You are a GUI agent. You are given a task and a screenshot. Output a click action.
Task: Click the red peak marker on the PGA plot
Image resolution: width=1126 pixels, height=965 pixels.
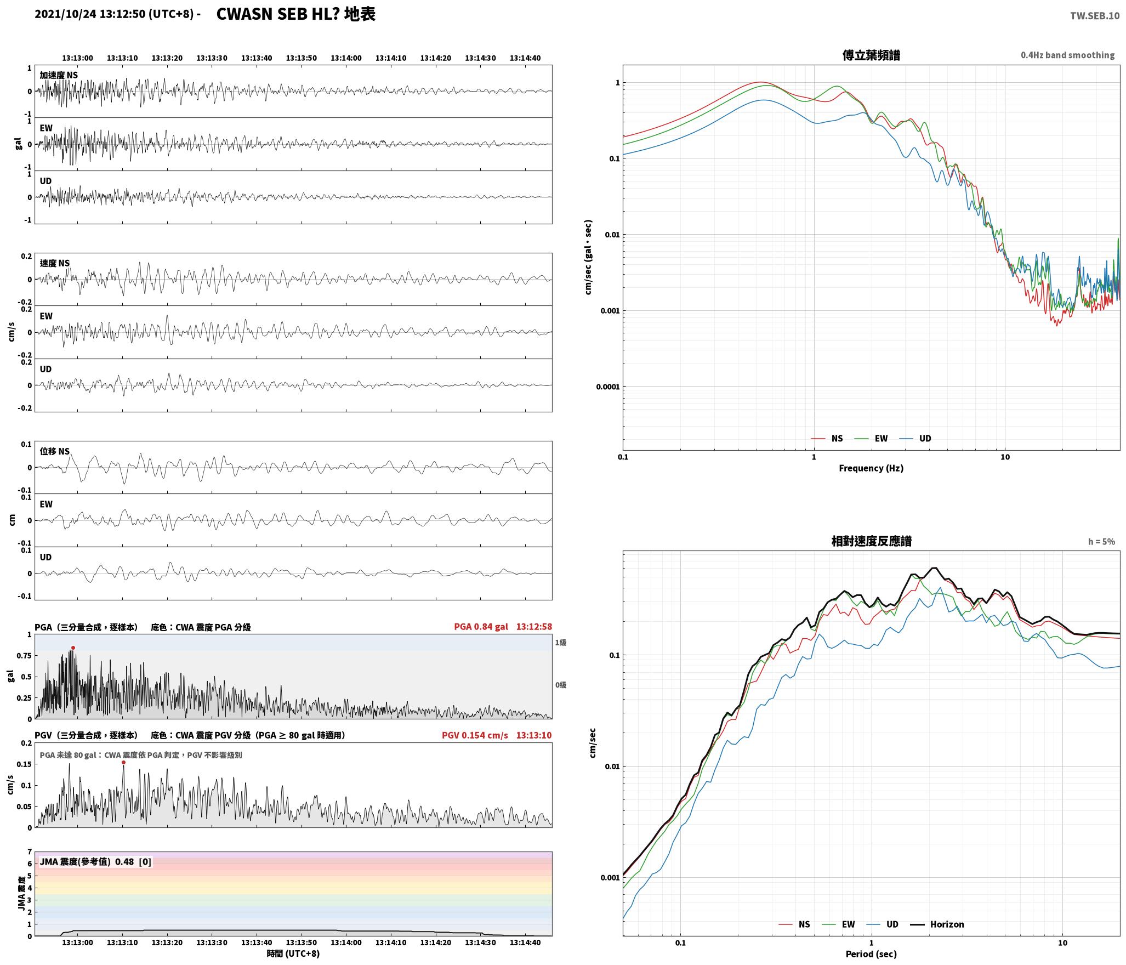click(x=73, y=648)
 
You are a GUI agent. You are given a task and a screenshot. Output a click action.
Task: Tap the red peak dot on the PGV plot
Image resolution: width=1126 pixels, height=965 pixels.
click(x=123, y=762)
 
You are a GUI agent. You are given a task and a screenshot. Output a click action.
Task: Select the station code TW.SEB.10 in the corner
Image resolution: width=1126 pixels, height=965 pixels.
click(x=1095, y=16)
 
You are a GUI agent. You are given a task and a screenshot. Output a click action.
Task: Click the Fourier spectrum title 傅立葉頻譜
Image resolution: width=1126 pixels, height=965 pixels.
click(x=871, y=55)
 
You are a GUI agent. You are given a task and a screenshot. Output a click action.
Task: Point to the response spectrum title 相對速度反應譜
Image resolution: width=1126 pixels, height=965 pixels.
click(x=871, y=541)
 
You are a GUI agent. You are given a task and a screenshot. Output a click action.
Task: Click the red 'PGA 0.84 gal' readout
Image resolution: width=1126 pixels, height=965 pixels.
click(x=481, y=627)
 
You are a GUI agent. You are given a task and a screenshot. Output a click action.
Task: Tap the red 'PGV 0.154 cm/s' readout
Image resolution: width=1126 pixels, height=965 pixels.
click(x=475, y=735)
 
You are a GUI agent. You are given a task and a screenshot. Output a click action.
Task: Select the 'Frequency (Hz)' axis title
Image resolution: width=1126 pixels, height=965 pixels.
click(x=871, y=468)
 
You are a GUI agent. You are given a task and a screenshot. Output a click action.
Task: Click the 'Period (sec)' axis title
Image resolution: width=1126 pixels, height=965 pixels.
click(x=871, y=954)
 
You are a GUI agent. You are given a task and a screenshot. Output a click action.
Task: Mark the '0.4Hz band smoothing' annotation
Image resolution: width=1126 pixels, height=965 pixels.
click(x=1067, y=55)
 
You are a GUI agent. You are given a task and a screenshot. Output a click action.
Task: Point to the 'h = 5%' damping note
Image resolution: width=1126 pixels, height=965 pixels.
click(x=1101, y=542)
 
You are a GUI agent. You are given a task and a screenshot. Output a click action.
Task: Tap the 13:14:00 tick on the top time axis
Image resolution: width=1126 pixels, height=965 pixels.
click(x=346, y=58)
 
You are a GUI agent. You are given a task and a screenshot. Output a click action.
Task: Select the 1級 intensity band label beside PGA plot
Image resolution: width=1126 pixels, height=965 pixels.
click(x=561, y=643)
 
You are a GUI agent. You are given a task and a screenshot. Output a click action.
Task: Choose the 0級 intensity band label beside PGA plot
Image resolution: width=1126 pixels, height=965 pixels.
click(x=561, y=685)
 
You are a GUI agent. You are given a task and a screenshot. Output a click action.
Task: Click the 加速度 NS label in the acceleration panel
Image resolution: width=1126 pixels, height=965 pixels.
click(x=59, y=75)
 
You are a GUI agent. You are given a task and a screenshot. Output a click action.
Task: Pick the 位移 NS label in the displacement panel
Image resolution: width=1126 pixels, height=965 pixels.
click(x=55, y=451)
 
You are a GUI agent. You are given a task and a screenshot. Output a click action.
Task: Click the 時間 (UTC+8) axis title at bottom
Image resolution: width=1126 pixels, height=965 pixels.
click(x=293, y=953)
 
